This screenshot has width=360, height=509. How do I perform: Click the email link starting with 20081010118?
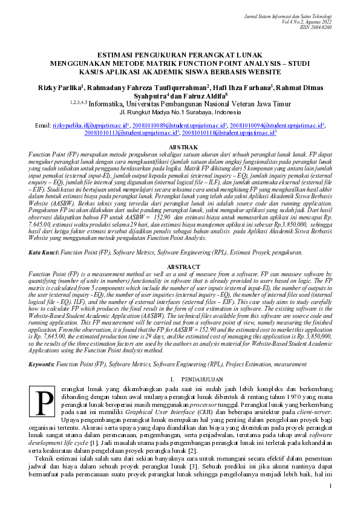point(228,132)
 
